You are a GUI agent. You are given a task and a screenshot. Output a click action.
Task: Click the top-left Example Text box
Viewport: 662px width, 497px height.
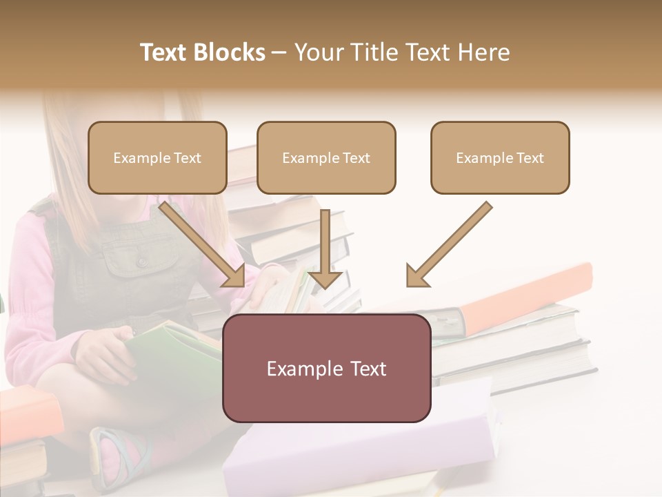[157, 158]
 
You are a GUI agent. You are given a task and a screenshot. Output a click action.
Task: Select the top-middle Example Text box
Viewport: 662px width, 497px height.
[326, 158]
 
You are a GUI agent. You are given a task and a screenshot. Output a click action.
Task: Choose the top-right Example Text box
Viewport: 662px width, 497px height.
[500, 158]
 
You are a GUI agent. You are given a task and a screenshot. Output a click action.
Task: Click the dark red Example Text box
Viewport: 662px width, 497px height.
[326, 369]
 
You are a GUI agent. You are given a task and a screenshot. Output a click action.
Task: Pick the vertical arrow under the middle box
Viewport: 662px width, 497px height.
[325, 248]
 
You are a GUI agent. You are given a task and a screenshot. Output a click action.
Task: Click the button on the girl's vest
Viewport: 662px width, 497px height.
[141, 262]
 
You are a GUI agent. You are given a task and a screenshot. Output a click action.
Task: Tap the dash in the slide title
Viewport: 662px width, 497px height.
[279, 52]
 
